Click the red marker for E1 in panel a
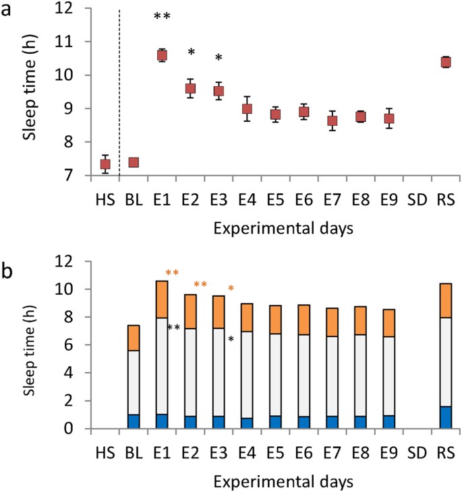coord(162,56)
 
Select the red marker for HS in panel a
coord(105,164)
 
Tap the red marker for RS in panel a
coord(446,62)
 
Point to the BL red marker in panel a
coord(134,162)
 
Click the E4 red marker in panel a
coord(248,109)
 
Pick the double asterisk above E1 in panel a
coord(163,16)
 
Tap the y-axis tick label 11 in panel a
coord(64,42)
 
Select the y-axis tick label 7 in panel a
coord(69,176)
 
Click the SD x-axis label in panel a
coord(417,200)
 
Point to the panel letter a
coord(6,10)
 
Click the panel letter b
coord(7,271)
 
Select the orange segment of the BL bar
coord(134,338)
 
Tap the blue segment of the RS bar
coord(446,417)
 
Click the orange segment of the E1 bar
coord(162,300)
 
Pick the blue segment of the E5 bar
coord(275,422)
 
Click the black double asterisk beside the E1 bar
coord(173,328)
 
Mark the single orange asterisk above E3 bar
coord(231,288)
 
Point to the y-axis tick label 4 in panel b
coord(69,373)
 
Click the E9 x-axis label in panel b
coord(389,453)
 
